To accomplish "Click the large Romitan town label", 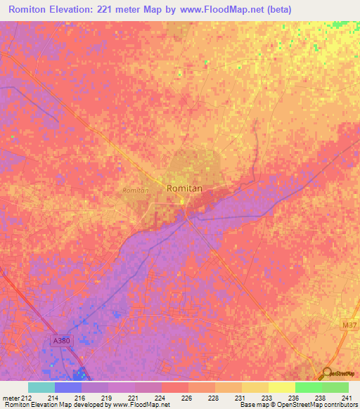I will coord(186,188).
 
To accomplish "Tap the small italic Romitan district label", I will coord(135,190).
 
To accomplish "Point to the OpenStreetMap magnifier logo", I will coord(327,375).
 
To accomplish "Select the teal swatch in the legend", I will coord(41,387).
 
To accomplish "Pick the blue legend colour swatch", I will coord(67,387).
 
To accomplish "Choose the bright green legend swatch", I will coord(308,387).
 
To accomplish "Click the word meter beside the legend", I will coord(11,397).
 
